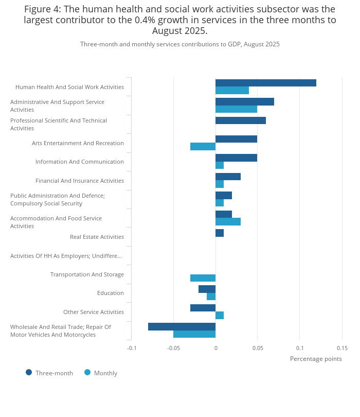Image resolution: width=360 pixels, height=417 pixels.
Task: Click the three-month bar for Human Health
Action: click(x=265, y=83)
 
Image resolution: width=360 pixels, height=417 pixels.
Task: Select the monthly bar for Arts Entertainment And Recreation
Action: click(x=203, y=147)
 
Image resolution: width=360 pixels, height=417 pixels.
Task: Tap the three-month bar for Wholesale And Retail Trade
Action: click(x=182, y=326)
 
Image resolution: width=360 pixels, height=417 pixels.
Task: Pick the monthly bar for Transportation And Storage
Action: click(x=203, y=278)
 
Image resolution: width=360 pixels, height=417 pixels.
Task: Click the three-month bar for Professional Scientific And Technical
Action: click(x=240, y=120)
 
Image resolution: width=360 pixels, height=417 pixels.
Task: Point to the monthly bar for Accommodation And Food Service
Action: click(x=228, y=222)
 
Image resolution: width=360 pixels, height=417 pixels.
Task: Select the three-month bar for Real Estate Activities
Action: click(x=220, y=233)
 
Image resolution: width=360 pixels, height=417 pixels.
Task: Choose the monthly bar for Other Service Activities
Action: click(x=220, y=316)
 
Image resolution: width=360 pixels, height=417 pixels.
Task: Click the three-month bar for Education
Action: click(x=207, y=289)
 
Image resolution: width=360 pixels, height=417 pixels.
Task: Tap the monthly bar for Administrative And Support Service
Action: click(x=236, y=109)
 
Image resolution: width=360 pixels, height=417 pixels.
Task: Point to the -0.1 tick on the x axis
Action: click(x=132, y=348)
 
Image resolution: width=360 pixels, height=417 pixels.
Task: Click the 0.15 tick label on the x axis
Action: click(x=342, y=348)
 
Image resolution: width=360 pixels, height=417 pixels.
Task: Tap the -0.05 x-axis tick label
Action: click(x=174, y=348)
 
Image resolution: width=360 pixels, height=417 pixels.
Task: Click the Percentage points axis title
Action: click(x=316, y=359)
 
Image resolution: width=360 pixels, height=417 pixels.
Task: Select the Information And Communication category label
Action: click(x=79, y=162)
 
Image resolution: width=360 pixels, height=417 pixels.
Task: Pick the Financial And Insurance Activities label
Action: click(x=79, y=181)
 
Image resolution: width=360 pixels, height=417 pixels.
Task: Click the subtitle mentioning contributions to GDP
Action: click(x=180, y=44)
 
